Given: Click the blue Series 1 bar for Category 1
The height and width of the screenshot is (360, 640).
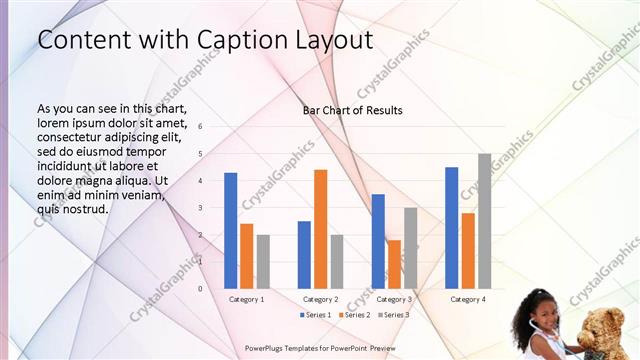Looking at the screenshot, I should (231, 230).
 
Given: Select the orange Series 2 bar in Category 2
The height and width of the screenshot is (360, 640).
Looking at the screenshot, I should (320, 229).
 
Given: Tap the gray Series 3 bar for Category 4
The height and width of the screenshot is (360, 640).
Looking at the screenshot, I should (484, 221).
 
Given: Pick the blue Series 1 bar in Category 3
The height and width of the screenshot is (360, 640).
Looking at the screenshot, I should (378, 241).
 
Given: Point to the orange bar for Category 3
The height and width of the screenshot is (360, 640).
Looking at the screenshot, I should (394, 264).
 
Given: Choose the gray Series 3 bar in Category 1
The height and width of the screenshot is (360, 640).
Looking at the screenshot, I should (263, 261).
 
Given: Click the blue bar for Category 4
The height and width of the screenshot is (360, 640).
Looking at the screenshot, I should (452, 227).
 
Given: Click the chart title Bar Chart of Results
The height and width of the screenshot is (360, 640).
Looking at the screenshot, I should (353, 110).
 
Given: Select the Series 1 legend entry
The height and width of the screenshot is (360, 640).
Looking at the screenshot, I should (315, 315).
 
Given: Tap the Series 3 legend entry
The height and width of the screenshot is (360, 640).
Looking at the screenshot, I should (393, 315).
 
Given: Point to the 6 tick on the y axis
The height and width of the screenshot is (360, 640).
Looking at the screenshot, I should (200, 127).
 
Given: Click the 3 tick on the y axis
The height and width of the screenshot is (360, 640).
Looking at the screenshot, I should (200, 208).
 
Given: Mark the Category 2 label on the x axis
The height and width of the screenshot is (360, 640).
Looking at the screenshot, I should (320, 299).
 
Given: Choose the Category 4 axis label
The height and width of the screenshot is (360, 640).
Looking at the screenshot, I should (468, 299).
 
